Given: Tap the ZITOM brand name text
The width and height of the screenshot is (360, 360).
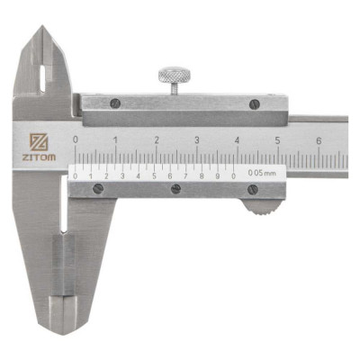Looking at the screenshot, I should [x=39, y=157].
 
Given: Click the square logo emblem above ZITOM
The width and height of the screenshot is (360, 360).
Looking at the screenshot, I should [x=39, y=141].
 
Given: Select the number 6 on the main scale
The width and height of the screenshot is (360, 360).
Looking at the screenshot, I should [x=319, y=140].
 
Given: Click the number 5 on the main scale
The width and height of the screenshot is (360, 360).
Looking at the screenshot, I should [x=278, y=140].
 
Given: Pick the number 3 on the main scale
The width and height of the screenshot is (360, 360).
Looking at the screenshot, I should [x=197, y=140].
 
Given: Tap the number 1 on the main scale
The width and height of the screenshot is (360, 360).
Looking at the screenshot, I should [x=115, y=140].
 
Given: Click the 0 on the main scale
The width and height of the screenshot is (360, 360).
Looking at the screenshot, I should [x=76, y=140].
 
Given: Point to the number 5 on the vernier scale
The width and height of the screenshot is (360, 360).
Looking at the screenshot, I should [x=153, y=175].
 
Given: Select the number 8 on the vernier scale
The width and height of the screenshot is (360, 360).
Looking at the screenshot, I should [x=202, y=175].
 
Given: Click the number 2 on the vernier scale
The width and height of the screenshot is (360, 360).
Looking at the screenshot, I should [x=105, y=175].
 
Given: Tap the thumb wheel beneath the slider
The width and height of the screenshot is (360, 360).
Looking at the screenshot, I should [x=260, y=206].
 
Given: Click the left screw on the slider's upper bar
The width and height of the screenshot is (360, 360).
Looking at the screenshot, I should [x=114, y=103].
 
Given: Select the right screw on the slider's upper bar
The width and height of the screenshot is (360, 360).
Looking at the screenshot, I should [x=255, y=103].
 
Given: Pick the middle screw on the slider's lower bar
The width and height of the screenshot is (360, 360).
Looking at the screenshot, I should [x=175, y=189].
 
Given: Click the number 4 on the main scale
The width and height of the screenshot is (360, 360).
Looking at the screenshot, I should [x=238, y=140].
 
